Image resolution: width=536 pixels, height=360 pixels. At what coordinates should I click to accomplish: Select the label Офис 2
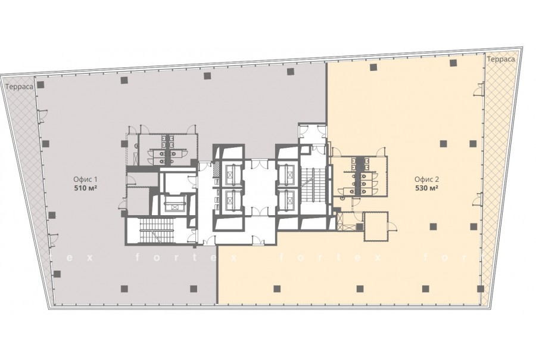pyautogui.click(x=427, y=179)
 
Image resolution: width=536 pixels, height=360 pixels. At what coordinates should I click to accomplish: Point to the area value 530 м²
pyautogui.click(x=427, y=188)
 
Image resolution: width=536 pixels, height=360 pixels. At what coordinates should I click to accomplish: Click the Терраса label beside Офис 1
pyautogui.click(x=20, y=86)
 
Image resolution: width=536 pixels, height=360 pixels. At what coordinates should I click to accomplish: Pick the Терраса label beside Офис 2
pyautogui.click(x=501, y=59)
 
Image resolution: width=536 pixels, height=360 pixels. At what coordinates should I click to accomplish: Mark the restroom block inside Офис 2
pyautogui.click(x=359, y=177)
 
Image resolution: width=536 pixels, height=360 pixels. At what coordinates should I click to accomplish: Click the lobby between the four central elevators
pyautogui.click(x=260, y=187)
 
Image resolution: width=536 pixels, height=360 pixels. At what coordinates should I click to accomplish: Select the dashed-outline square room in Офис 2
pyautogui.click(x=376, y=226)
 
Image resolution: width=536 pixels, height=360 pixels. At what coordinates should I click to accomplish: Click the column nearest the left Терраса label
pyautogui.click(x=40, y=85)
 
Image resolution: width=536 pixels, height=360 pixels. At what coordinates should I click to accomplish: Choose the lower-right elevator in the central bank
pyautogui.click(x=286, y=200)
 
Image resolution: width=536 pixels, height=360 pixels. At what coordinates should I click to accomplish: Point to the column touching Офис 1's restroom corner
pyautogui.click(x=124, y=144)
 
